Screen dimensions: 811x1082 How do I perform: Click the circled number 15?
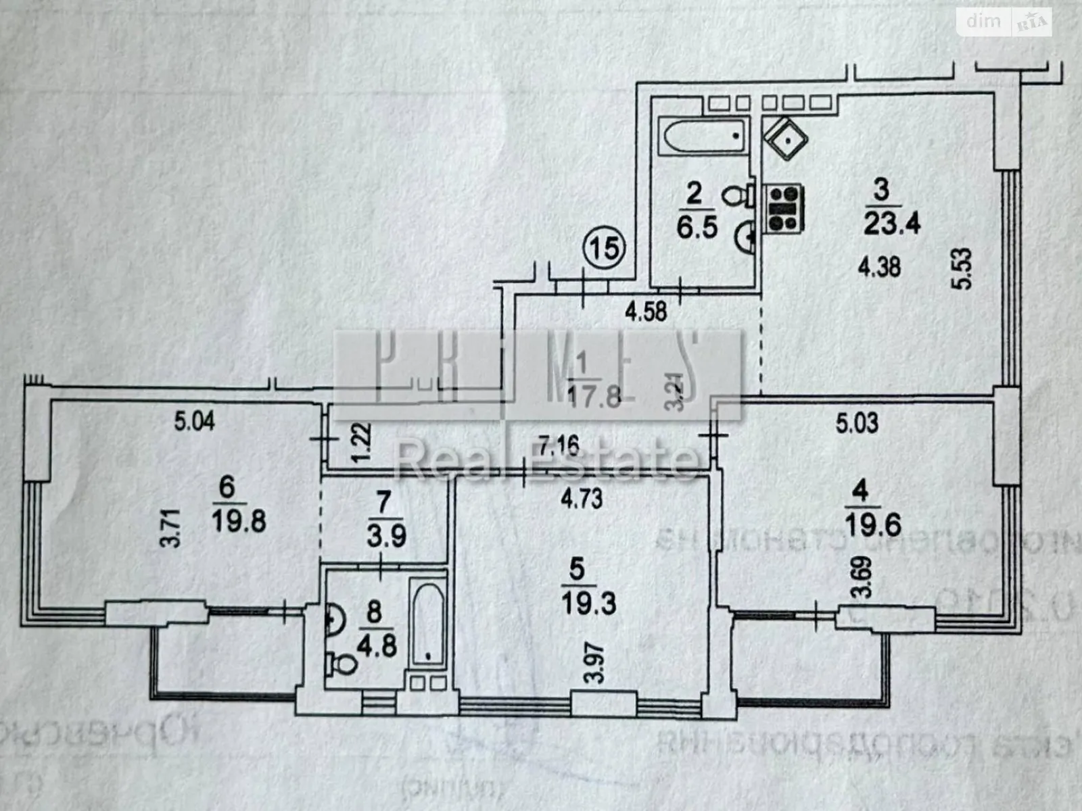click(x=605, y=247)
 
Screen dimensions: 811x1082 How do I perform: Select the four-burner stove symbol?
click(x=784, y=208)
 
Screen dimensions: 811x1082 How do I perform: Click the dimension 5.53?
click(x=963, y=269)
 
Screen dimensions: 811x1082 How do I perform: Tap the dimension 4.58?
click(x=646, y=312)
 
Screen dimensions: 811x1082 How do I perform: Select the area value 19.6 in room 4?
click(x=873, y=524)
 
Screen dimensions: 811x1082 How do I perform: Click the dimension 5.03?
click(x=857, y=423)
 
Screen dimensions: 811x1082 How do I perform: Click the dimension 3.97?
click(x=594, y=663)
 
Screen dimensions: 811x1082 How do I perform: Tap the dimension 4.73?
click(x=582, y=498)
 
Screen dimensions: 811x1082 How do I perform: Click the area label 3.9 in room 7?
click(x=386, y=536)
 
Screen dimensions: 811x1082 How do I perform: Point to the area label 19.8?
click(x=239, y=521)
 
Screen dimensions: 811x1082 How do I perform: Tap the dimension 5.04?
click(x=194, y=422)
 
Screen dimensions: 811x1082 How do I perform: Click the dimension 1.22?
click(x=361, y=442)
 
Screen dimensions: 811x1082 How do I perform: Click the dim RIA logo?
click(x=1005, y=22)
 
